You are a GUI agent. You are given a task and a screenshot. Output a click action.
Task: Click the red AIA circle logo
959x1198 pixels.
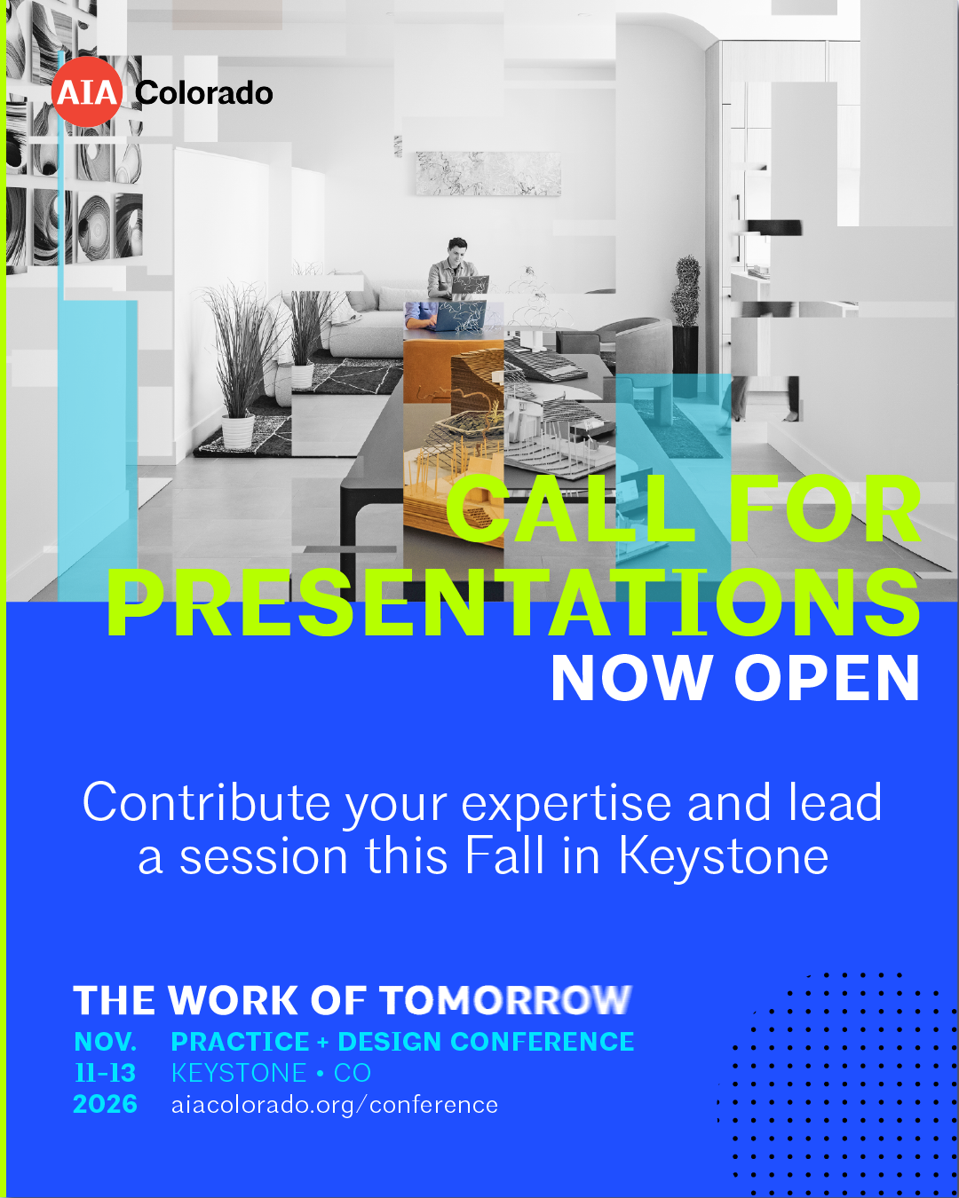click(x=87, y=91)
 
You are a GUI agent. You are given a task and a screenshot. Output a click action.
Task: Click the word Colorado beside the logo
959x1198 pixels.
click(x=204, y=92)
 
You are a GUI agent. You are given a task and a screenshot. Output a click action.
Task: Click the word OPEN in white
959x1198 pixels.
click(x=827, y=677)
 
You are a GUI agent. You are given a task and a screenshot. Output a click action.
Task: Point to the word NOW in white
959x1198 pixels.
click(x=632, y=677)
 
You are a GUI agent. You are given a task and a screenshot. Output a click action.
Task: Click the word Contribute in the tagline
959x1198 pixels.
click(x=207, y=802)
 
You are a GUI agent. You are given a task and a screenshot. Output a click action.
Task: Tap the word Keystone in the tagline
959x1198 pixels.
click(x=724, y=856)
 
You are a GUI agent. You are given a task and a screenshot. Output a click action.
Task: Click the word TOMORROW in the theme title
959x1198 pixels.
click(x=506, y=1000)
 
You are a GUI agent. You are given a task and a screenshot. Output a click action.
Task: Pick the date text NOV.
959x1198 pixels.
click(x=106, y=1042)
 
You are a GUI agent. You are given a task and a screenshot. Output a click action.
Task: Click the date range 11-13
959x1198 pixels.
click(x=106, y=1073)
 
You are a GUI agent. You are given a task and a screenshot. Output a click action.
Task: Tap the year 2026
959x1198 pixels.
click(x=106, y=1104)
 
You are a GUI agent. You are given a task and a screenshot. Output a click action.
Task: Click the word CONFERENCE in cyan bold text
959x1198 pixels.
click(x=543, y=1042)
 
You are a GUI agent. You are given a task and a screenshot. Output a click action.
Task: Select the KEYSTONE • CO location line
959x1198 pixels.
click(x=271, y=1073)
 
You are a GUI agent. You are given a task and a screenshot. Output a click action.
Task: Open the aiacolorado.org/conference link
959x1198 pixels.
click(x=335, y=1105)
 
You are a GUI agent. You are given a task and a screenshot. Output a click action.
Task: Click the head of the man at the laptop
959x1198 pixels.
click(x=457, y=248)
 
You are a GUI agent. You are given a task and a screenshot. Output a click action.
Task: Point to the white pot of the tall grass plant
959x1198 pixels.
click(x=238, y=431)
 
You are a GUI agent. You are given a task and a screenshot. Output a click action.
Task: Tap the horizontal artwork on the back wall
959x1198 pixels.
click(x=488, y=173)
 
